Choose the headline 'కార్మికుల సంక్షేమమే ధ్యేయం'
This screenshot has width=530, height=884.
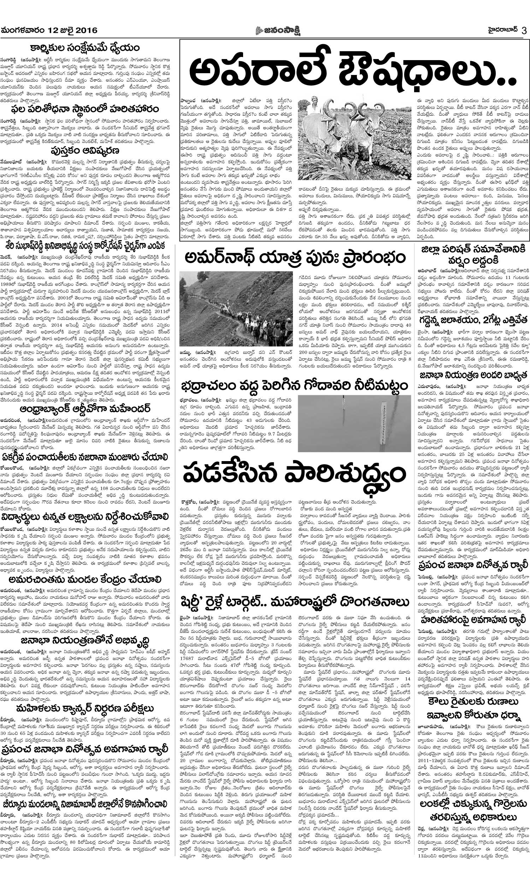tap(85, 48)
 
